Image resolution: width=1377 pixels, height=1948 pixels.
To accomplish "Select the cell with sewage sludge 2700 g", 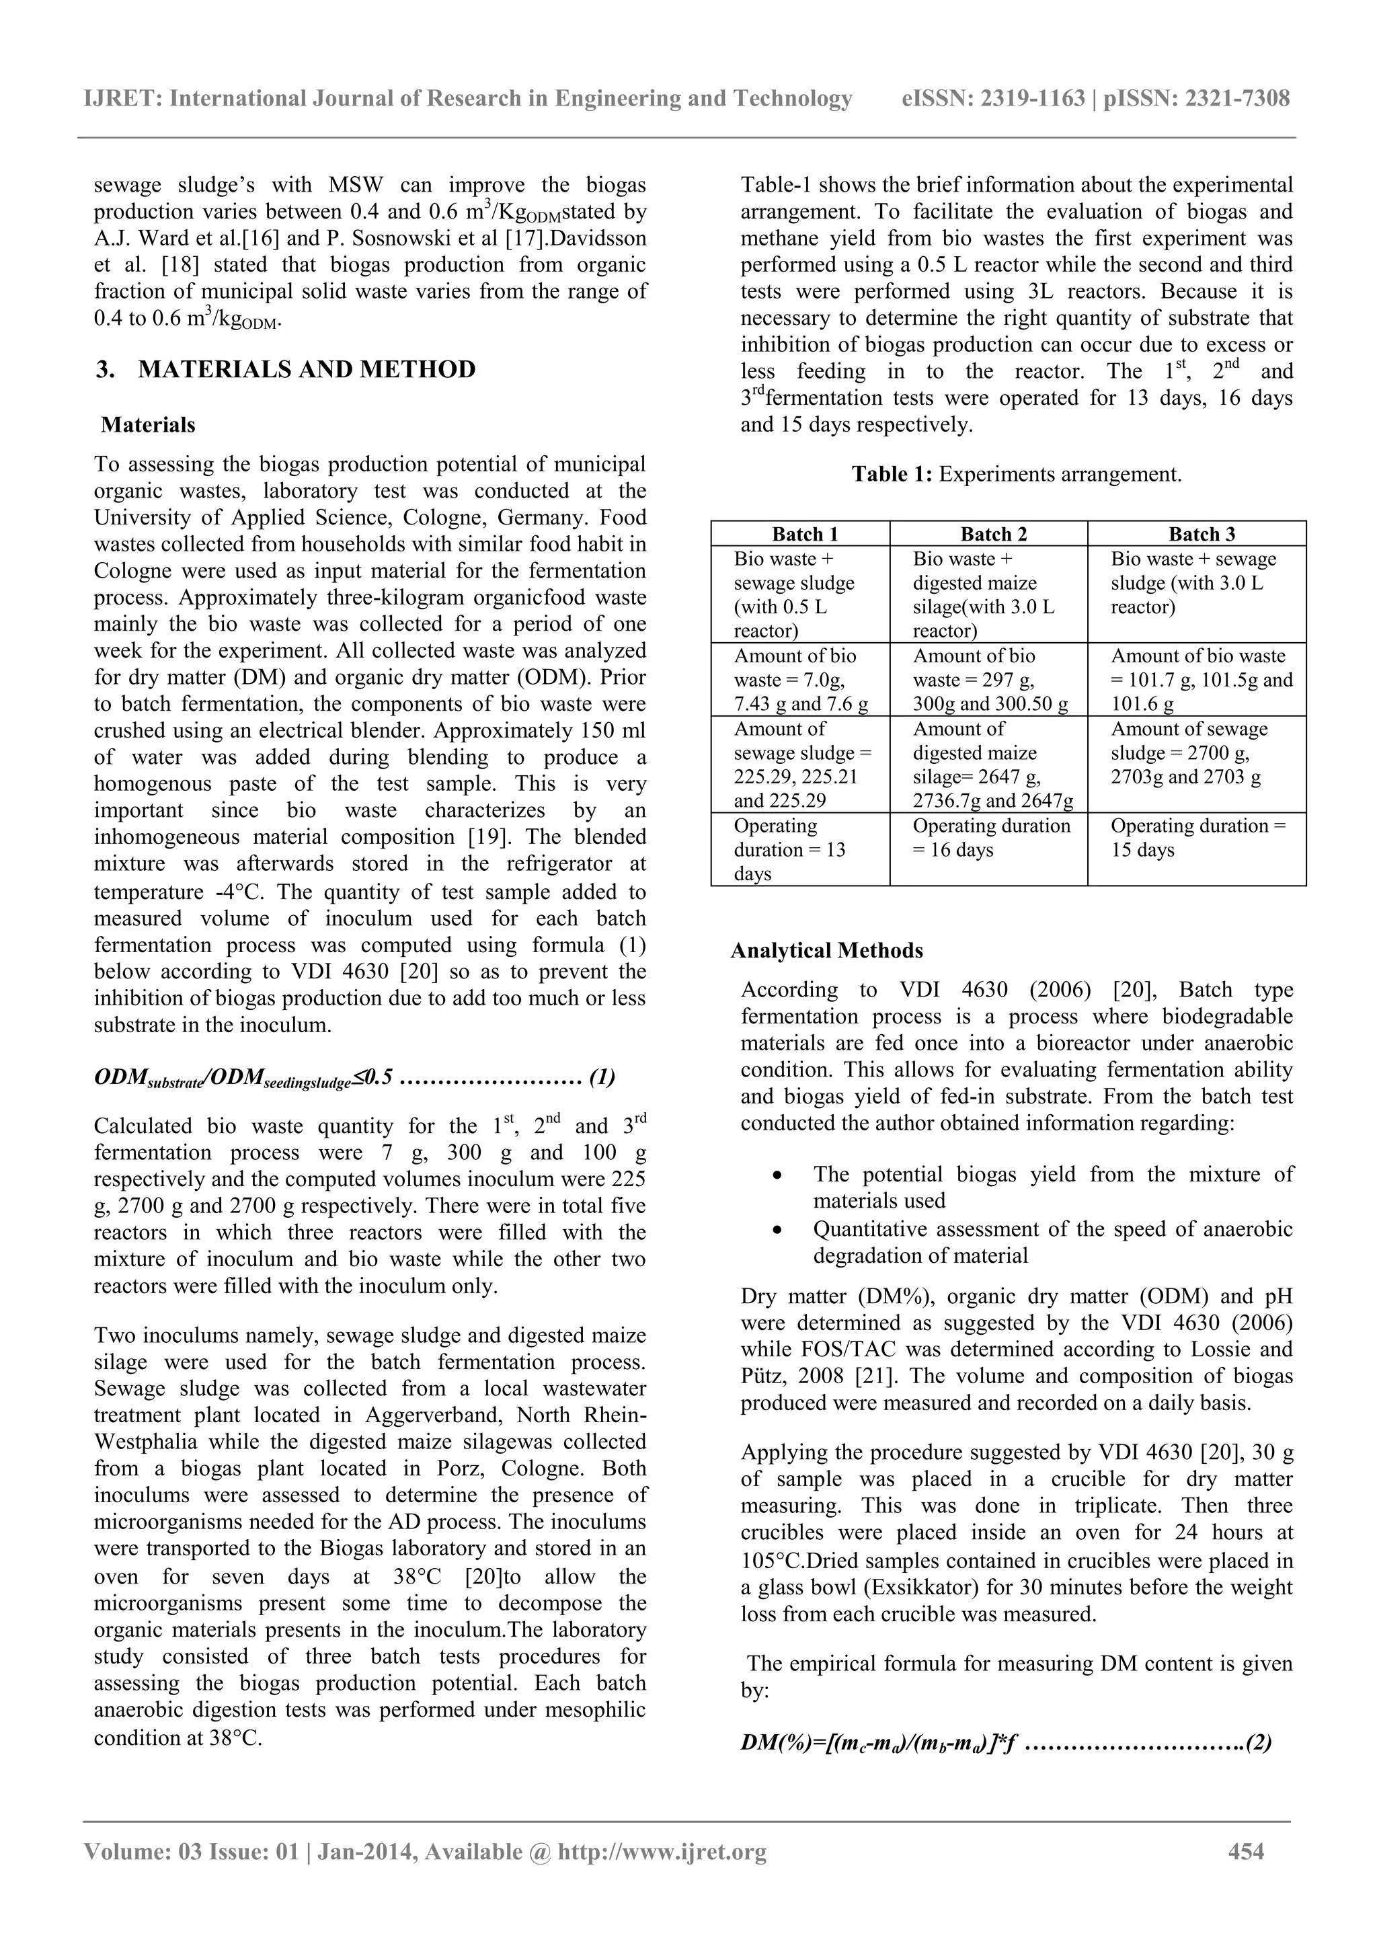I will pos(1196,753).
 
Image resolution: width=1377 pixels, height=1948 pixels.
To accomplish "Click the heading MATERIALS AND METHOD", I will pos(307,370).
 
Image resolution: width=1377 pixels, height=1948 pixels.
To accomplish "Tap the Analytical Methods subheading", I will pos(826,951).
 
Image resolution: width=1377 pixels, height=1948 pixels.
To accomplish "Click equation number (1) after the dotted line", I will pos(602,1079).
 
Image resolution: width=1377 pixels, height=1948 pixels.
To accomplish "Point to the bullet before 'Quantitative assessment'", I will pos(777,1229).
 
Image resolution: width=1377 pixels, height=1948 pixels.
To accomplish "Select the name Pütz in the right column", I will pos(762,1376).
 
